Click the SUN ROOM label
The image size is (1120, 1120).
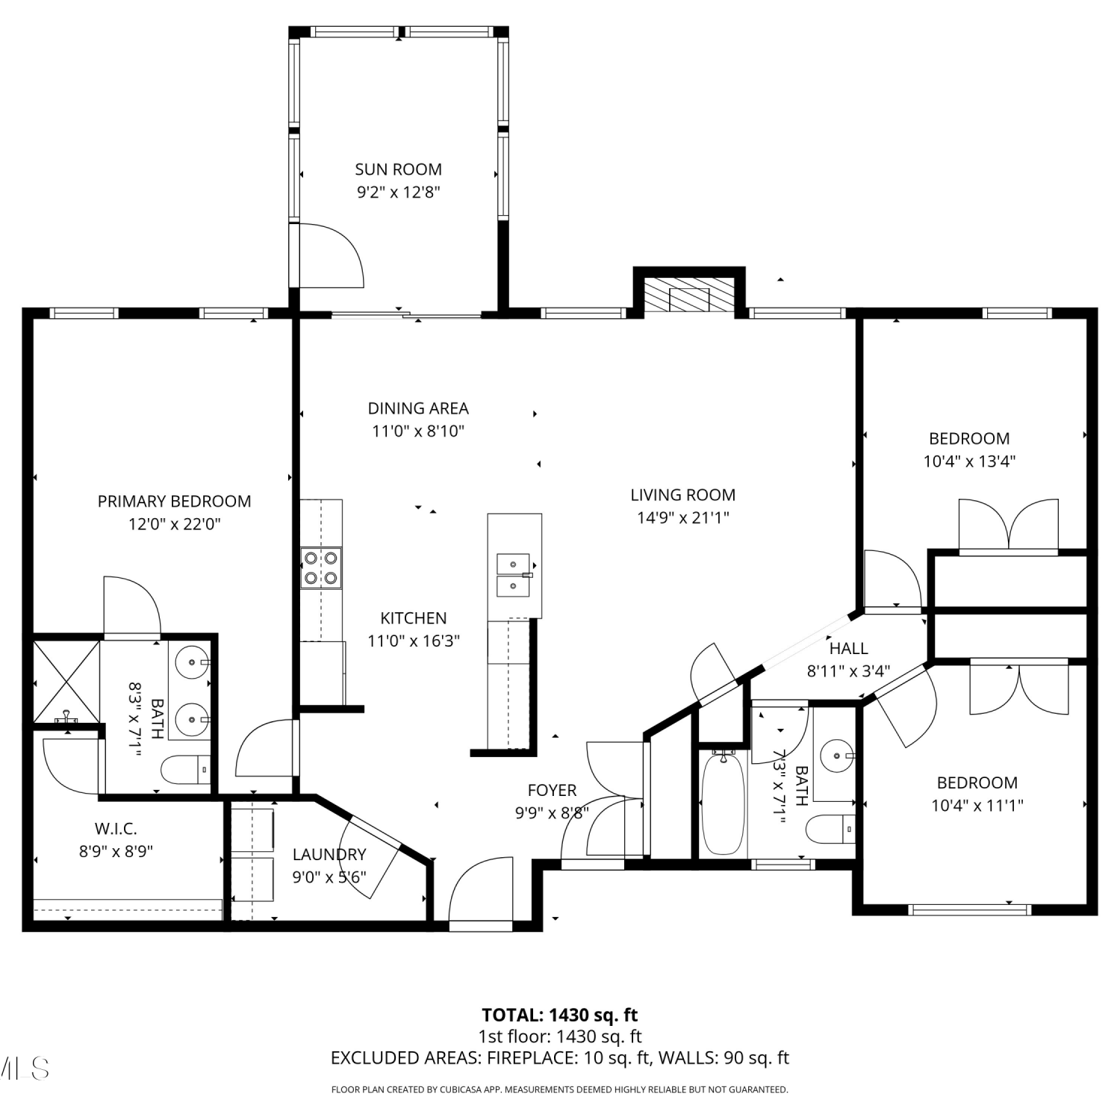398,169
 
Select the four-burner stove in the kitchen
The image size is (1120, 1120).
321,568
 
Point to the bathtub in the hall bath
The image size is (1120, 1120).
724,803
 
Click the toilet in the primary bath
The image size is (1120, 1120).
186,769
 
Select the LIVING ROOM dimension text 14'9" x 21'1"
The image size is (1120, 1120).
682,517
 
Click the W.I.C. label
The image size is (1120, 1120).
116,828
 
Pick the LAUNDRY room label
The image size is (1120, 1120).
329,854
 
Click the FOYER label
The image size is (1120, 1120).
552,790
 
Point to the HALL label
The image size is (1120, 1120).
849,648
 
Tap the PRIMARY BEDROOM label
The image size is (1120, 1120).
174,501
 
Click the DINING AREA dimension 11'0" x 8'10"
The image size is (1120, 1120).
418,431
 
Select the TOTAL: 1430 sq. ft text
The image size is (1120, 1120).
560,1015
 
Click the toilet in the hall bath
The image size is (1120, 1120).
831,829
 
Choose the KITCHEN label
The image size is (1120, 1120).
413,618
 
